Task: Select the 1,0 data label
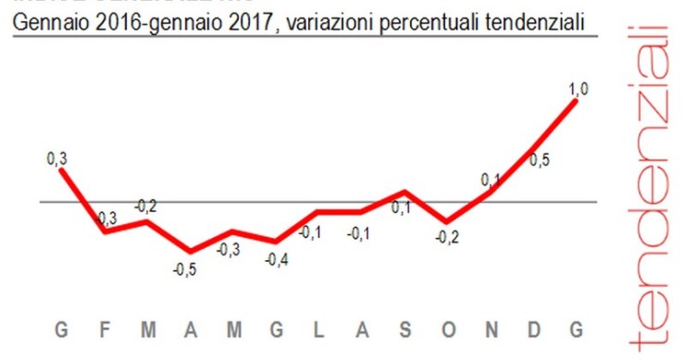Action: tap(579, 89)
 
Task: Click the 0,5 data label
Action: tap(539, 159)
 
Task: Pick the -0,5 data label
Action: tap(184, 269)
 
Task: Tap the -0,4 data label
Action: tap(275, 260)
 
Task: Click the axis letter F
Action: tap(104, 330)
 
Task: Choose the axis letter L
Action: tap(318, 330)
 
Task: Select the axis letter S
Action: tap(404, 330)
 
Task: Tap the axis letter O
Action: tap(446, 330)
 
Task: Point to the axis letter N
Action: tap(491, 330)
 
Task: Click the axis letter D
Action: tap(534, 330)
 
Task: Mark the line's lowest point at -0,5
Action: tap(190, 251)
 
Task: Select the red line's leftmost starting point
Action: tap(61, 169)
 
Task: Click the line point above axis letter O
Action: tap(446, 222)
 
